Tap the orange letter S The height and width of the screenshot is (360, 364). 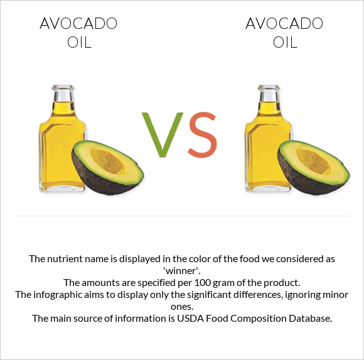(202, 134)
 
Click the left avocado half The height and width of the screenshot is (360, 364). (107, 167)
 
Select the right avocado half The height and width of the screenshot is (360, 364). (313, 167)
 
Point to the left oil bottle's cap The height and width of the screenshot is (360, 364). (63, 94)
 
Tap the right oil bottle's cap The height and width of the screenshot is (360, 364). (269, 94)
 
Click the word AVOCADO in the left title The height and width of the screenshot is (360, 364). (78, 24)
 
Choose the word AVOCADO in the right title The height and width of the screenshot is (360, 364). (284, 24)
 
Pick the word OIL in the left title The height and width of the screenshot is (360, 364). (78, 43)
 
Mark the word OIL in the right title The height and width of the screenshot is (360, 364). (284, 43)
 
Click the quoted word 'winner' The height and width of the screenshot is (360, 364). (182, 270)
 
